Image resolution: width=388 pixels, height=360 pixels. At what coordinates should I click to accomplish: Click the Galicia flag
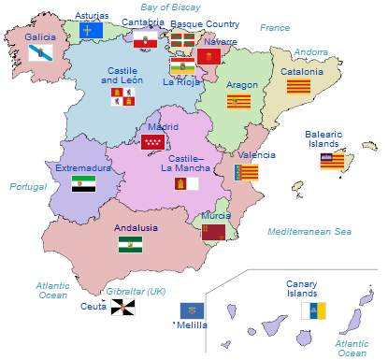click(41, 52)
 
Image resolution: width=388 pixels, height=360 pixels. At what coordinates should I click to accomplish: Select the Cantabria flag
click(145, 38)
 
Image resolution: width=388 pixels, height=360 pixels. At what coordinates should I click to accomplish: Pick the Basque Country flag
click(182, 39)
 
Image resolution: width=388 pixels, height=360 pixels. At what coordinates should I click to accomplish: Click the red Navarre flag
click(208, 57)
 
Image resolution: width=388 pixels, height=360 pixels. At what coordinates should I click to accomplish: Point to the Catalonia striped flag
click(298, 87)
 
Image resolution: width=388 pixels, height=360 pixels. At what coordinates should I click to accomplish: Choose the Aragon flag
click(238, 101)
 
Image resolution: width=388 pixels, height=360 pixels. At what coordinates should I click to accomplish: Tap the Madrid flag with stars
click(152, 142)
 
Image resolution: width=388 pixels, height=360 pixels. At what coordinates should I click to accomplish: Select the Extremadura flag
click(83, 183)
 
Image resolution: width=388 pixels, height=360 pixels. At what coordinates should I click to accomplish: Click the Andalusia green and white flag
click(130, 244)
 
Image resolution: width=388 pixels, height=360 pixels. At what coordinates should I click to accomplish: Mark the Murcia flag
click(213, 231)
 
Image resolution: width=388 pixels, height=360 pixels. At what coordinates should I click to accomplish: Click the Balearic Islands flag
click(332, 160)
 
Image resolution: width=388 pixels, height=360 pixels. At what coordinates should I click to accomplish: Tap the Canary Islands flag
click(312, 310)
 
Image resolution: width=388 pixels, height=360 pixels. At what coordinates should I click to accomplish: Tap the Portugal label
click(28, 187)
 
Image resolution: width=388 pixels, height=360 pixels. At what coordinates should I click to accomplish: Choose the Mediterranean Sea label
click(309, 231)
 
